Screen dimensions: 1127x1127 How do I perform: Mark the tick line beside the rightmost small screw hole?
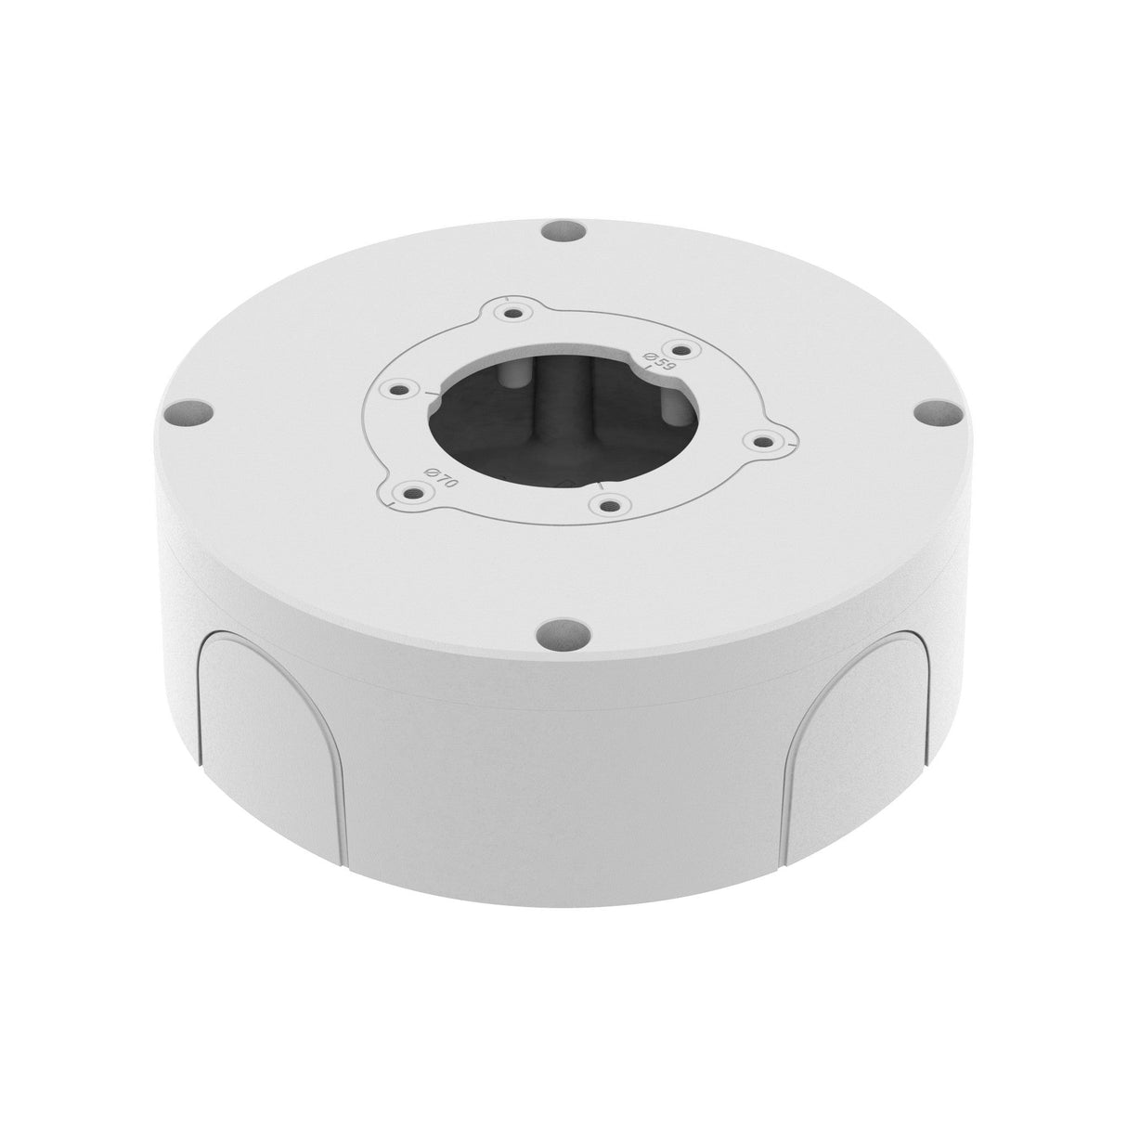[790, 447]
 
